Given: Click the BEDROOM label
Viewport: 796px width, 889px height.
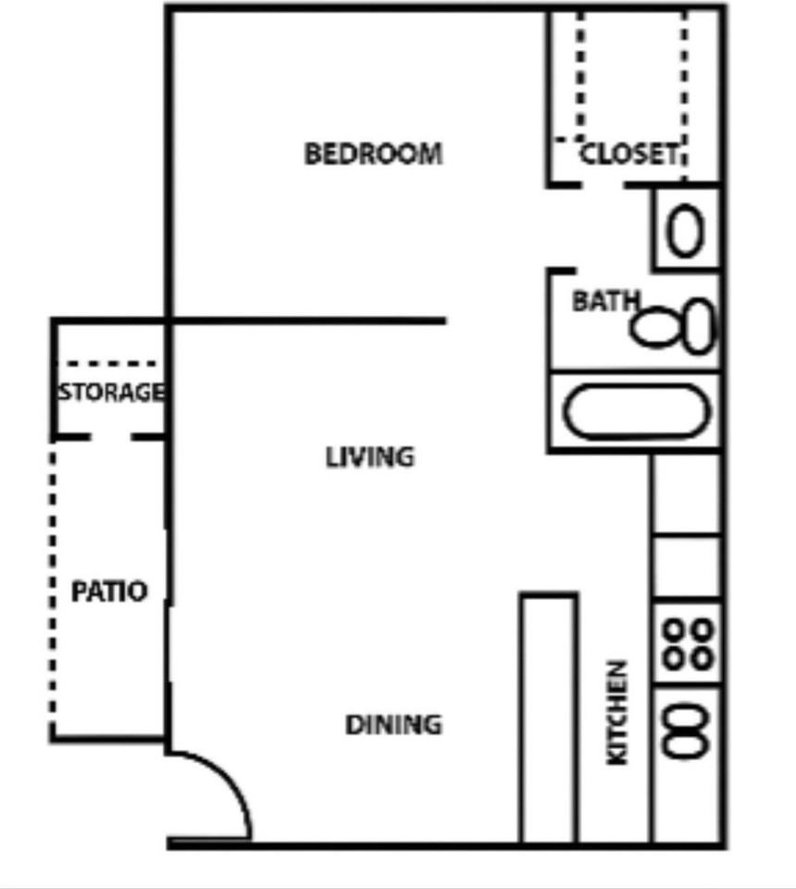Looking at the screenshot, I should pos(373,153).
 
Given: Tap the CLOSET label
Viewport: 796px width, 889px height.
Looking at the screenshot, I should pos(629,154).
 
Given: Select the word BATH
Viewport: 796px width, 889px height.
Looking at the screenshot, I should pos(604,301).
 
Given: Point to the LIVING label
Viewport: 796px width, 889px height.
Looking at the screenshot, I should pos(369,457).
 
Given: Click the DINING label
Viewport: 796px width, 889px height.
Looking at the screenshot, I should pos(392,724).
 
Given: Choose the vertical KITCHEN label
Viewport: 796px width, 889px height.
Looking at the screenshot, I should pos(616,711).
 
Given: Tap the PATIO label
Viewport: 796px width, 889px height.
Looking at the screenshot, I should pos(109,591).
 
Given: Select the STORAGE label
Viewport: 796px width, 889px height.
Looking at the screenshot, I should pos(111,393).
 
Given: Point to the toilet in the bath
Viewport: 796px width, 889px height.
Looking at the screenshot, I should pos(675,327).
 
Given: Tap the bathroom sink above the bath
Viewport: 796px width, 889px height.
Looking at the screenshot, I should pos(685,231).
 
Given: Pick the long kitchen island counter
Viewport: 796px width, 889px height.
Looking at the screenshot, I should pos(549,718).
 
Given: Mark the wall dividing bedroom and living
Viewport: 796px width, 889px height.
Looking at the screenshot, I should pos(305,321).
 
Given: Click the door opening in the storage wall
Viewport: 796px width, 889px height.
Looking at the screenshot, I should pos(110,435).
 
